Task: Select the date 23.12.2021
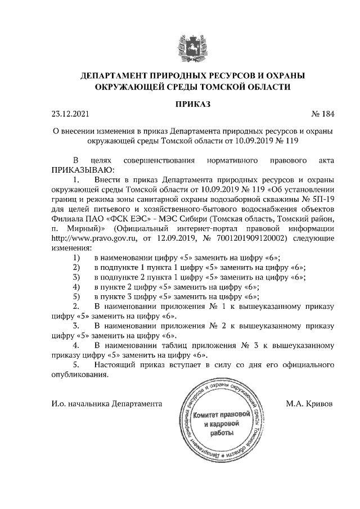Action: pos(70,115)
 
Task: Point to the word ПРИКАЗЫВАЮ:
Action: pos(83,169)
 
